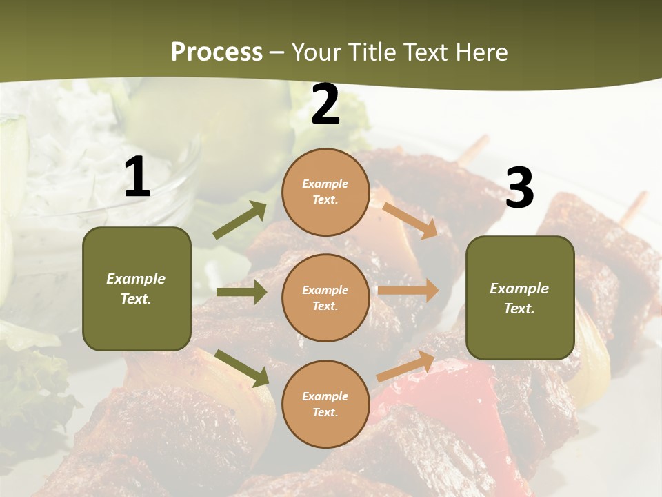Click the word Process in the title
217,52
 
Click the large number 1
137,178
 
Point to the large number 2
325,105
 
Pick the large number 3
519,188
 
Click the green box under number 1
137,289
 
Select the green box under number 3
520,298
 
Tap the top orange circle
325,192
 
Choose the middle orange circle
325,298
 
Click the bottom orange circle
325,404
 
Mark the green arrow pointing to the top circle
240,220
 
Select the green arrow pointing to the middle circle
241,292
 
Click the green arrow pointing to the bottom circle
241,368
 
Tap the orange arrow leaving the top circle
410,220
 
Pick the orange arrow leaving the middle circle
408,291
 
